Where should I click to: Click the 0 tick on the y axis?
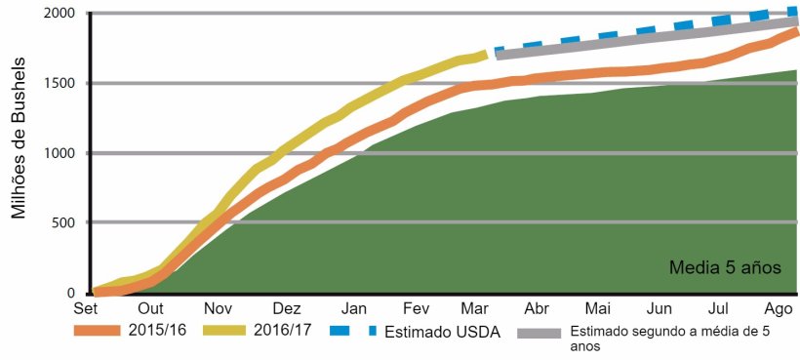(71, 293)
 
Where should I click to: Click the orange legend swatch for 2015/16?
(100, 332)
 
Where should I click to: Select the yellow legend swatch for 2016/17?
(230, 332)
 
